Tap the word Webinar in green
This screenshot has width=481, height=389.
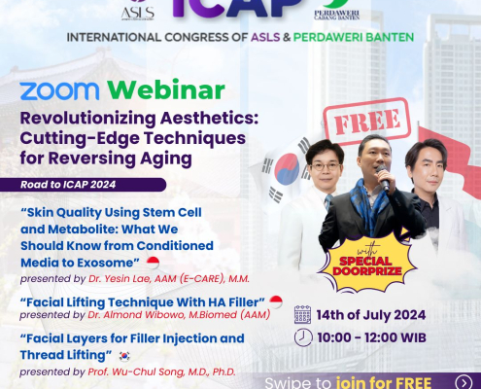tap(166, 90)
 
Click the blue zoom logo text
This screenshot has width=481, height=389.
tap(60, 91)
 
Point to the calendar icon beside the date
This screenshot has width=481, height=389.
tap(303, 313)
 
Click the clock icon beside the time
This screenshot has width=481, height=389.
tap(303, 336)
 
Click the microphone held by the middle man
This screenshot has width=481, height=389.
tap(381, 179)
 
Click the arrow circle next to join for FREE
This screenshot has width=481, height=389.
tap(464, 381)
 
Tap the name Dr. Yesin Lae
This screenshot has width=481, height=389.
tap(125, 278)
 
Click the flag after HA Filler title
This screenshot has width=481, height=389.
tap(275, 301)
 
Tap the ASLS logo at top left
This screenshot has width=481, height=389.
tap(137, 10)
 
